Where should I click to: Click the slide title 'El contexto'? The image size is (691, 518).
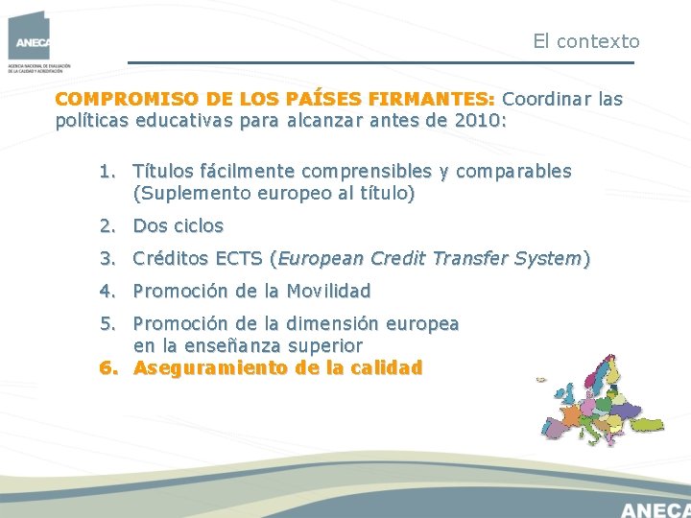click(585, 41)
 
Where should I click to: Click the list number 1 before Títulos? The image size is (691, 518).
click(105, 172)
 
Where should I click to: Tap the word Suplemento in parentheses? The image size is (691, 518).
click(188, 194)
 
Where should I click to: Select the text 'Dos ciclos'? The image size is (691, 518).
click(178, 226)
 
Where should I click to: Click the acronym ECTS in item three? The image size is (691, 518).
click(238, 258)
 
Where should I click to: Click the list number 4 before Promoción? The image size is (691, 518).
click(106, 291)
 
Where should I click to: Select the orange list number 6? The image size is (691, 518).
click(106, 367)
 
